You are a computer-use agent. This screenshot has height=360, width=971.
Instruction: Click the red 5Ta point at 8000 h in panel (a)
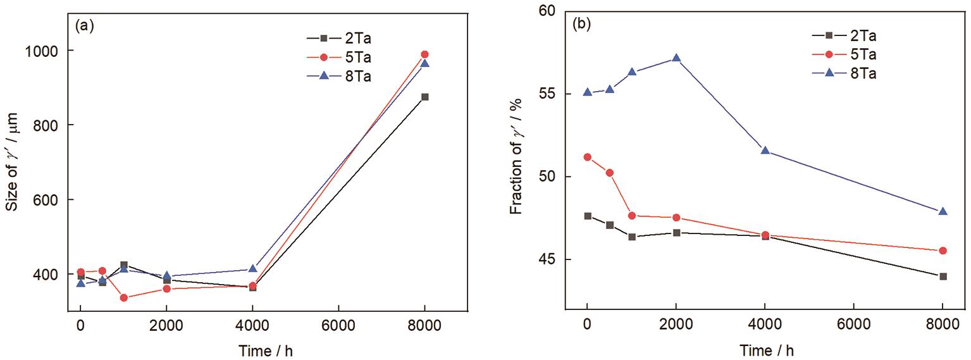coord(424,54)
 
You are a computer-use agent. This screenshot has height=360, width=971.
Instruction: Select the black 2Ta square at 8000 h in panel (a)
coord(424,97)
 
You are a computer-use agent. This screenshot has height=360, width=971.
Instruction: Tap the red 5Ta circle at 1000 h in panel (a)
coord(123,298)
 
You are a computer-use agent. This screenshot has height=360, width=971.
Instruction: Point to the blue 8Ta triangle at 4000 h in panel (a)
coord(252,269)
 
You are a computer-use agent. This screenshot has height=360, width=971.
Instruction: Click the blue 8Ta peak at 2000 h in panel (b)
coord(676,58)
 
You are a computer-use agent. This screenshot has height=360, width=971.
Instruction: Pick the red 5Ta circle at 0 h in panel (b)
coord(587,157)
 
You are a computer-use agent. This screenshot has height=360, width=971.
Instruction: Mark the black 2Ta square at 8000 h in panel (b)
coord(943,276)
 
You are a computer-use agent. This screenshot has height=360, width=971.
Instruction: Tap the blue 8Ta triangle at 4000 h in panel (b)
coord(765,151)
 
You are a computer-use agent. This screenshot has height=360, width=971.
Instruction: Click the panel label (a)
coord(84,26)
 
